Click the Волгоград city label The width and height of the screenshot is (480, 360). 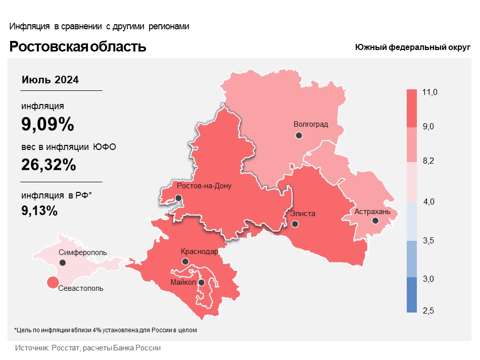point(311,124)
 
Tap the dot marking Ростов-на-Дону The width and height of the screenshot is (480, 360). point(178,198)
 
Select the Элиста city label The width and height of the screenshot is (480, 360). point(303,214)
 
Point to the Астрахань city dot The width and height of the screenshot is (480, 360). point(375,221)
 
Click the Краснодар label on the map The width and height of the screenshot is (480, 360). point(199,251)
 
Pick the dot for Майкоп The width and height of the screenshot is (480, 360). point(201,283)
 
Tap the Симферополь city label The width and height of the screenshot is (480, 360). point(82,252)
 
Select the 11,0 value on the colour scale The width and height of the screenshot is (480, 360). point(429,92)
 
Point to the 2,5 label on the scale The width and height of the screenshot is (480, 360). point(428,310)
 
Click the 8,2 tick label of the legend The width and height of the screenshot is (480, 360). point(428,161)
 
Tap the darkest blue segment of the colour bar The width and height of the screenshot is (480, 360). point(412,295)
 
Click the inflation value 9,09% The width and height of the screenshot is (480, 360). point(47,124)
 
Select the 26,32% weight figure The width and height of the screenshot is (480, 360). point(49,165)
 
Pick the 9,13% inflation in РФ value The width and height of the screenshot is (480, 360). point(39,211)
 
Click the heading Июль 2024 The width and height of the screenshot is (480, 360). point(51,80)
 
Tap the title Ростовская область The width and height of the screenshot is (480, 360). point(78,47)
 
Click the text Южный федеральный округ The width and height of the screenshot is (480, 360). point(412,47)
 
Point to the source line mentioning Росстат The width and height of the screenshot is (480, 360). point(88,348)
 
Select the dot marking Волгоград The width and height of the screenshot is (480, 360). point(299,135)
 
